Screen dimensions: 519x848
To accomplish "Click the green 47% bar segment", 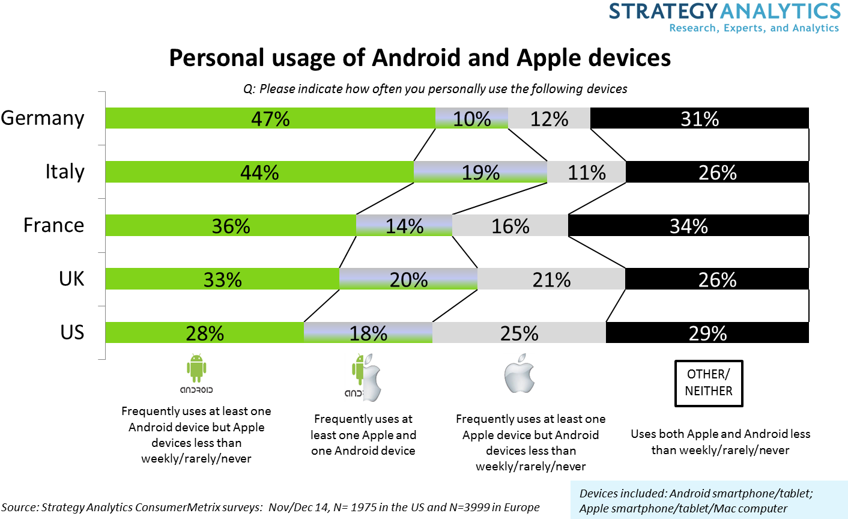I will (270, 118).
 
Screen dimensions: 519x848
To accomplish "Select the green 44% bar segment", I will (259, 172).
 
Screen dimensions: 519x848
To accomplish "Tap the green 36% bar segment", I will (231, 225).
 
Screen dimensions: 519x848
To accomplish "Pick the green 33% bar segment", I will (222, 279).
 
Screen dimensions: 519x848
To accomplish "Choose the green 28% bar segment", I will (204, 333).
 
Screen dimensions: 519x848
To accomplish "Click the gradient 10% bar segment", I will (471, 118).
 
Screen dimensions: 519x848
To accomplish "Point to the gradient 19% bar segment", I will (480, 172).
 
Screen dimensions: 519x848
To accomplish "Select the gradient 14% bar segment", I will (404, 225).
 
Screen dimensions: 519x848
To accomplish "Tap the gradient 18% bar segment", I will (368, 333).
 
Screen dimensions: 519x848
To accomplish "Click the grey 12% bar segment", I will (549, 118).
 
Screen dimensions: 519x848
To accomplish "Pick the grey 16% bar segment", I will (510, 225).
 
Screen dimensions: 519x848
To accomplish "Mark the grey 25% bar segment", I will (519, 333).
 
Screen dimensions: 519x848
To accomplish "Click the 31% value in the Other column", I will (700, 119).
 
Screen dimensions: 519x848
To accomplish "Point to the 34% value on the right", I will (689, 226).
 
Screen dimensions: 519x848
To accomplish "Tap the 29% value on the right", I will (707, 333).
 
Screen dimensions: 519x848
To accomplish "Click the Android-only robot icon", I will (196, 373).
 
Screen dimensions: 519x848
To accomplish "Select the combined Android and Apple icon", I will (363, 377).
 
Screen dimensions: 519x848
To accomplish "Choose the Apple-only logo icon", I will (518, 373).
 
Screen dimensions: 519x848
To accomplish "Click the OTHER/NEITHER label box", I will (709, 383).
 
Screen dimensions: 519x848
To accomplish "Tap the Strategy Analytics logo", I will (724, 18).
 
